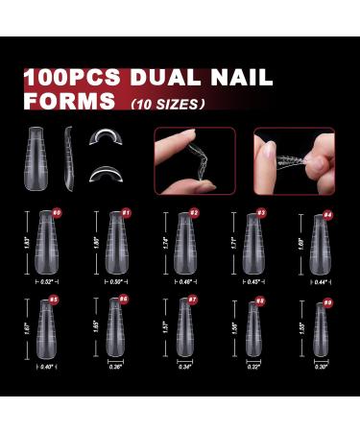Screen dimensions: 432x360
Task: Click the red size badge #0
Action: tap(57, 211)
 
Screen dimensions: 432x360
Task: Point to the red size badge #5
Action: tap(55, 300)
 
